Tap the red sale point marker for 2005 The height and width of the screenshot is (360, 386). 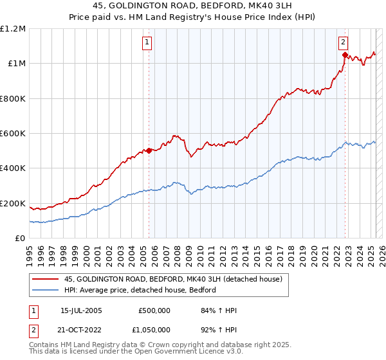tap(149, 151)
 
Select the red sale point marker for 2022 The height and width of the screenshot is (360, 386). tap(345, 55)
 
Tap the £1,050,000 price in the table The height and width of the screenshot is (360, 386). tap(154, 329)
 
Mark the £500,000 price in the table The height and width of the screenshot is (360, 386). tap(154, 311)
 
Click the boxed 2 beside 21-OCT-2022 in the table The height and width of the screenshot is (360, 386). tap(33, 329)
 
